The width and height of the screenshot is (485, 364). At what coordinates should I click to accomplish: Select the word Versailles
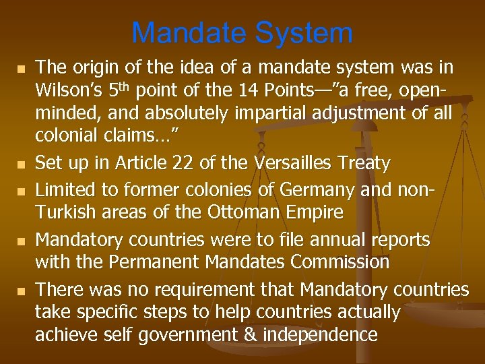click(x=283, y=162)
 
